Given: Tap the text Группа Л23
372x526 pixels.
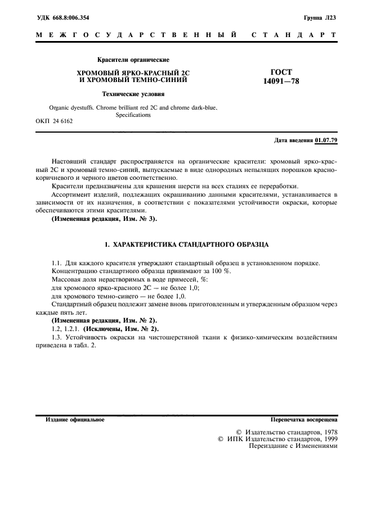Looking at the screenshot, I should [x=320, y=18].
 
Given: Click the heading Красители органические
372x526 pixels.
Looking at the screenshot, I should [x=133, y=60].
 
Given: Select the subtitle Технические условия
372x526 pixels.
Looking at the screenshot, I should [x=133, y=94].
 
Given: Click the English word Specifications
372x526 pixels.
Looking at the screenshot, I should [x=133, y=115].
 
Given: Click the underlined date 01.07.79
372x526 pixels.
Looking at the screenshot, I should [x=326, y=139].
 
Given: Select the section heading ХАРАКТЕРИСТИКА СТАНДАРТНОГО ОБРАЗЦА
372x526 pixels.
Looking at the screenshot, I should [x=194, y=246].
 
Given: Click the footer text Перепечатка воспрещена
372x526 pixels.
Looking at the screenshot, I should [x=304, y=420].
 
